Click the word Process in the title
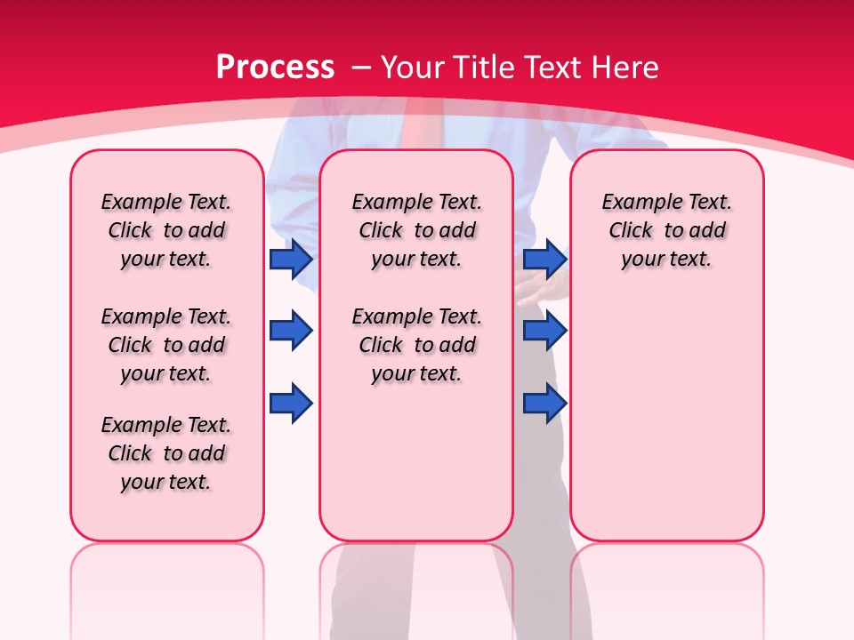click(275, 68)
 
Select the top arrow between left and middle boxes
click(291, 259)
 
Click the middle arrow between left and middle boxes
click(291, 331)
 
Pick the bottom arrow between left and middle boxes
click(291, 403)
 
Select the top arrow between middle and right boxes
click(544, 259)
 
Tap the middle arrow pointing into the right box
click(544, 331)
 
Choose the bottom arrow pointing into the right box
click(544, 403)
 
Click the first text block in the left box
click(166, 230)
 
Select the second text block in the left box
click(166, 345)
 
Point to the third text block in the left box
click(166, 453)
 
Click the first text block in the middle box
click(416, 230)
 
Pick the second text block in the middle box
click(416, 345)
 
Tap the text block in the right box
click(666, 230)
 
